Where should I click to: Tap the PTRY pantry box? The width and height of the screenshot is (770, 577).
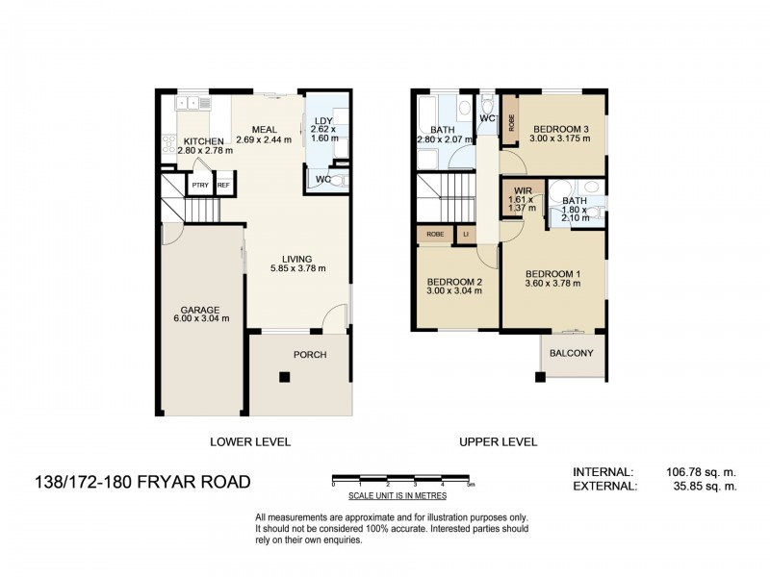[x=200, y=186]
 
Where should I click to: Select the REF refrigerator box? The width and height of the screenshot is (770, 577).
[x=223, y=186]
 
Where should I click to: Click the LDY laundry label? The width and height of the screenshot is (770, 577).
[x=322, y=121]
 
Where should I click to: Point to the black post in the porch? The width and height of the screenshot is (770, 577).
[x=285, y=378]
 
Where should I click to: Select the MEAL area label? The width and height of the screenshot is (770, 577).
[x=265, y=130]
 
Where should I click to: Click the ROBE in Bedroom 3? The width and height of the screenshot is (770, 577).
[x=511, y=121]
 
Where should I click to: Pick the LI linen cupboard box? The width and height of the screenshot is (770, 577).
[x=466, y=234]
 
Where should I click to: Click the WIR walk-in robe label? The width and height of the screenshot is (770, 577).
[x=524, y=191]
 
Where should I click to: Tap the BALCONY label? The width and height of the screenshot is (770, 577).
[x=572, y=353]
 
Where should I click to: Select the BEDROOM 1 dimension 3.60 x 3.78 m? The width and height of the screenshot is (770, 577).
[x=553, y=283]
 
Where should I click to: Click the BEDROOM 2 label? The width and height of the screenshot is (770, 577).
[x=456, y=281]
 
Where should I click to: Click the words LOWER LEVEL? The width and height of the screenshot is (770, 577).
[x=250, y=442]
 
